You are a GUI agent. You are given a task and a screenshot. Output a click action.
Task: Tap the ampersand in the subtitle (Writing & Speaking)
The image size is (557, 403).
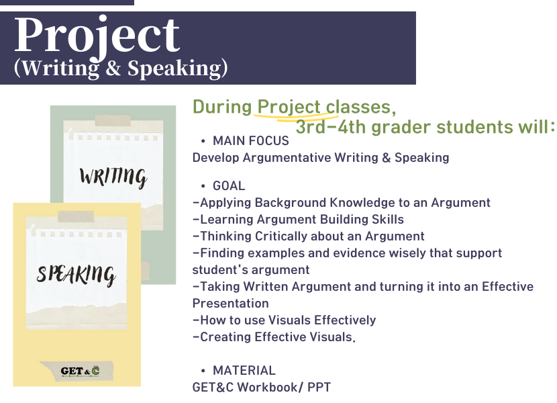click(x=113, y=68)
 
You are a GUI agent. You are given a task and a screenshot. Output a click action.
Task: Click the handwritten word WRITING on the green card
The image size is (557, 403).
click(x=113, y=177)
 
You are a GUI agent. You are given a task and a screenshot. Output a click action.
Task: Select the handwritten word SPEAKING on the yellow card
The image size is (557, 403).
click(x=76, y=275)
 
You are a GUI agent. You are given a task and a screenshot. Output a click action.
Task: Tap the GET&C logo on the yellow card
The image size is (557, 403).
click(x=80, y=371)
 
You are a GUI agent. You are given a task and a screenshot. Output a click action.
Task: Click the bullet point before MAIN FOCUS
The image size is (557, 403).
click(x=203, y=141)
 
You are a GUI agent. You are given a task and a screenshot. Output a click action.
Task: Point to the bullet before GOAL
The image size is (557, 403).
click(x=203, y=186)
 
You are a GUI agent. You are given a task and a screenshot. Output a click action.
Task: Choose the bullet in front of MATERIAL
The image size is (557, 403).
click(x=203, y=371)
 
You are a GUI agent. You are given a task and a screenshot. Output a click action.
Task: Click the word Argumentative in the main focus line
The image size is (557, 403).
click(x=287, y=158)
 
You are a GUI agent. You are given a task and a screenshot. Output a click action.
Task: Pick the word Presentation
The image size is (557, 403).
click(x=231, y=304)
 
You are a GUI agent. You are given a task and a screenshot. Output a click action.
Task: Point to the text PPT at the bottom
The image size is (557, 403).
click(x=319, y=387)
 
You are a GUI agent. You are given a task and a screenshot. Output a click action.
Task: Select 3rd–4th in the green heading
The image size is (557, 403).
click(x=330, y=127)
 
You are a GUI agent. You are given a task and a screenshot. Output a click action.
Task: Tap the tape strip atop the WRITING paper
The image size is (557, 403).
click(x=113, y=121)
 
